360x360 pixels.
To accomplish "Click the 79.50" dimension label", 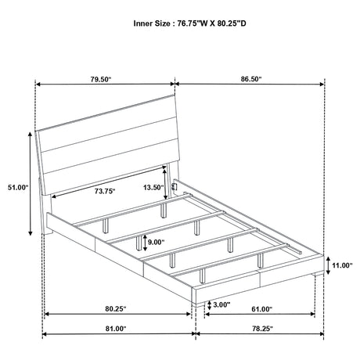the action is coord(101,79).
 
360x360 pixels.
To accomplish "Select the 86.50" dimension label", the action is coord(251,79).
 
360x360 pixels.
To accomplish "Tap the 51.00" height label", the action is coord(18,187).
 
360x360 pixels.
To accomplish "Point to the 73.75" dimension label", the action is coord(105,191).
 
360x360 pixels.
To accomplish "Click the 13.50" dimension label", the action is coord(153,187).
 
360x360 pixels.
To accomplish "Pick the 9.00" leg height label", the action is coord(157,243).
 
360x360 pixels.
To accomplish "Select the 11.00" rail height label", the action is coord(342,265).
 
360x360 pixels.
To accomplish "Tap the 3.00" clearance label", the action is coord(221,304).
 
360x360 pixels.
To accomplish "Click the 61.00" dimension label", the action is coord(262,309).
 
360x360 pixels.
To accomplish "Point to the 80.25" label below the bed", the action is coord(116,309).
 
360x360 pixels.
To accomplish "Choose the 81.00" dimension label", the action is coord(116,329).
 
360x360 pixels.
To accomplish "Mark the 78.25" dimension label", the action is coord(262,329).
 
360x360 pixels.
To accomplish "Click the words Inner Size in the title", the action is coord(152,23).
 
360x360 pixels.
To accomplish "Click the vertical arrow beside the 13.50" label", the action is coord(164,184).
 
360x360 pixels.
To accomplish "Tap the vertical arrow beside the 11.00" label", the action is coord(328,265).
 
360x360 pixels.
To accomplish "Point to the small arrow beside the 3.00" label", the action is coord(209,305).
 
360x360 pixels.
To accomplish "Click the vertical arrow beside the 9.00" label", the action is coord(145,243).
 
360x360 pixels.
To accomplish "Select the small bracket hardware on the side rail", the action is coord(174,187).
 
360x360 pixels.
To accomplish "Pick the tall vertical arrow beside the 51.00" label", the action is coord(31,183).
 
